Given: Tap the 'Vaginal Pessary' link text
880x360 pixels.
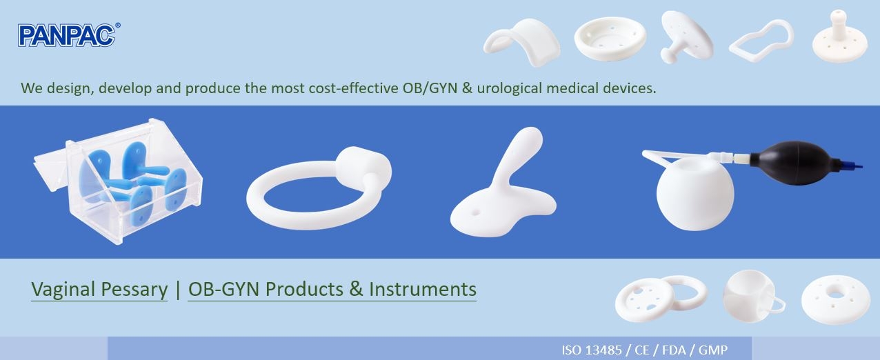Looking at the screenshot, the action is tap(99, 290).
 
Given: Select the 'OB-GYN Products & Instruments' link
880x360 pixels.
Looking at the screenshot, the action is tap(332, 290).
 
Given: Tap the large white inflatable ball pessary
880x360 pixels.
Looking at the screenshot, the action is tap(694, 193).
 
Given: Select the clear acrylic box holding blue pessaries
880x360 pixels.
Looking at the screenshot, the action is tap(118, 181).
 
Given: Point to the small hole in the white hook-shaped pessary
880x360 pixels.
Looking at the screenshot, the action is tap(476, 212).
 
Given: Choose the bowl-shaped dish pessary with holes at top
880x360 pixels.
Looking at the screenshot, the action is tap(610, 39).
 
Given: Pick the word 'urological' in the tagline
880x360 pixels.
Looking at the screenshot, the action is tap(509, 88).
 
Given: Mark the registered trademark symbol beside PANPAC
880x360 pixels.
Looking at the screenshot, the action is tap(117, 26).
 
